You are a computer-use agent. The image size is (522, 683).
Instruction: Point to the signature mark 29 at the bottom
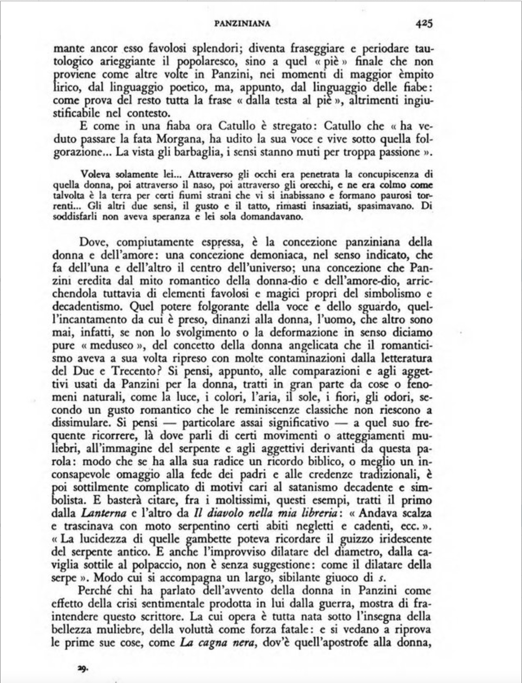coord(83,667)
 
